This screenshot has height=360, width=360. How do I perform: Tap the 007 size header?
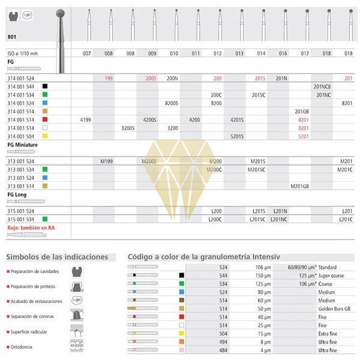point(87,54)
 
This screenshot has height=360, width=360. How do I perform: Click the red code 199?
point(109,78)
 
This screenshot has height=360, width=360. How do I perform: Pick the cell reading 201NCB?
point(323,86)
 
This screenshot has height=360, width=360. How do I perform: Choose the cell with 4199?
point(86,120)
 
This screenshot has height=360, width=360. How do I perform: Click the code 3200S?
point(128,128)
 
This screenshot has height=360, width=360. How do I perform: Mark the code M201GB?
point(300,186)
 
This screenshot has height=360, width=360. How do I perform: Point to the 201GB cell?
point(302,112)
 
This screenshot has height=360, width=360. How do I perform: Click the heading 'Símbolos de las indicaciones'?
point(57,257)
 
